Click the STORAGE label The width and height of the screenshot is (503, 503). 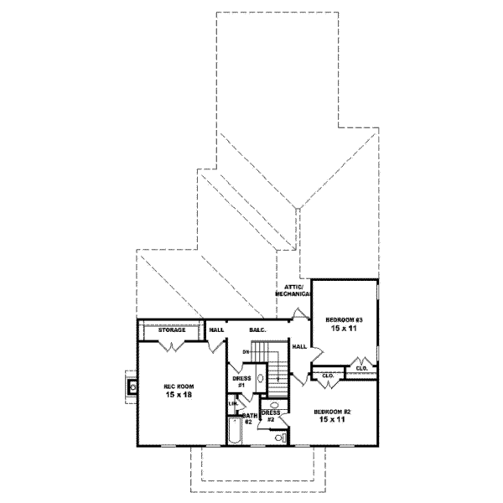click(171, 330)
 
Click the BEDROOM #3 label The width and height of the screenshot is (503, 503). click(344, 321)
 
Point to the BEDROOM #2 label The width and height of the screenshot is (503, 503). click(330, 411)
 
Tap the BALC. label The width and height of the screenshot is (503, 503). click(257, 330)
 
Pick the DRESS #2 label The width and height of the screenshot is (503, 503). click(270, 416)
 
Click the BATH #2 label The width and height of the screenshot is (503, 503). click(249, 419)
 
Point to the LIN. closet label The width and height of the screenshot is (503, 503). click(232, 404)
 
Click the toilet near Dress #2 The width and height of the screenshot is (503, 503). click(278, 436)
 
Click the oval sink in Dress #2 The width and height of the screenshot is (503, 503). click(274, 404)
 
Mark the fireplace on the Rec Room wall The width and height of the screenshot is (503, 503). click(132, 386)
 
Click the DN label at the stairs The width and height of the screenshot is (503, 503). click(246, 351)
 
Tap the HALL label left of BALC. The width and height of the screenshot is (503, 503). click(215, 330)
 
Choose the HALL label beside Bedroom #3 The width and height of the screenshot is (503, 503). click(299, 346)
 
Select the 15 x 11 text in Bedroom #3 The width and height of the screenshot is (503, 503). click(344, 330)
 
